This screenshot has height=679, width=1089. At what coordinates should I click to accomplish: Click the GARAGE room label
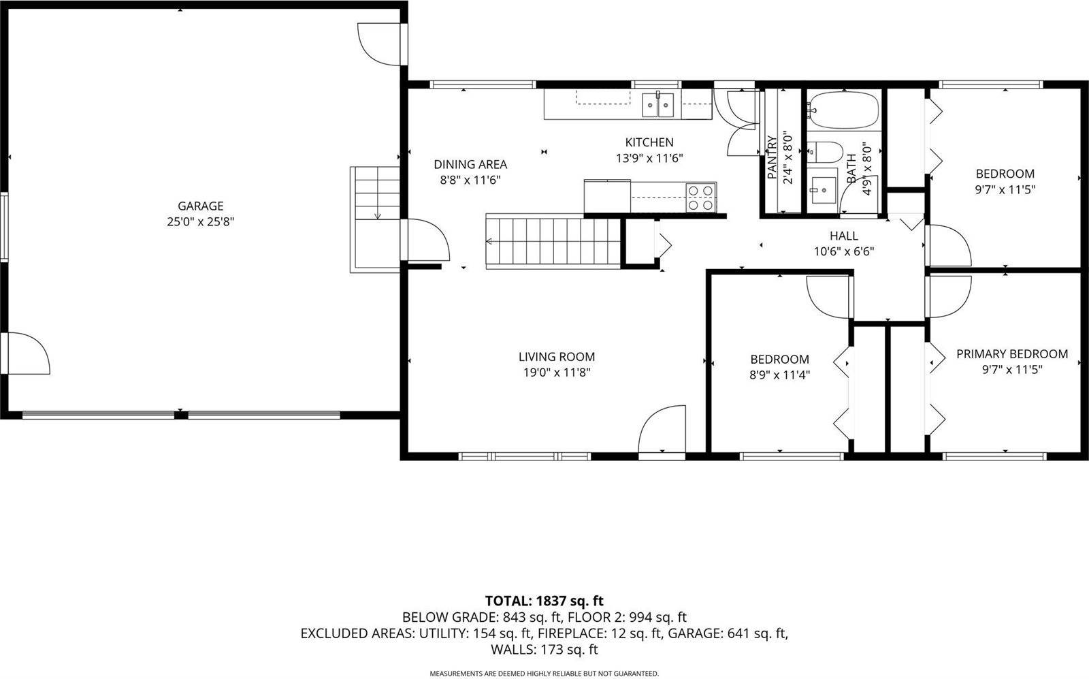click(x=200, y=206)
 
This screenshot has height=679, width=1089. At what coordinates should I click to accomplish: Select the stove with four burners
click(x=700, y=197)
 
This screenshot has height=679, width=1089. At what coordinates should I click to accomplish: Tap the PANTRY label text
click(x=773, y=158)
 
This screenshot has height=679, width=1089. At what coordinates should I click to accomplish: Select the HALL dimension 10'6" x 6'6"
click(x=843, y=251)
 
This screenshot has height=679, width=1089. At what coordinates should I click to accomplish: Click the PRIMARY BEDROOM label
click(x=1011, y=354)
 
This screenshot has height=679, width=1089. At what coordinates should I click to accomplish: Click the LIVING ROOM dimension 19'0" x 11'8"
click(x=556, y=373)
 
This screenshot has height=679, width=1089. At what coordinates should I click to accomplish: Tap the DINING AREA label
click(x=470, y=164)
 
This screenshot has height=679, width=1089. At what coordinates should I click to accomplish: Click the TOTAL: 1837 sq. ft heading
click(x=544, y=601)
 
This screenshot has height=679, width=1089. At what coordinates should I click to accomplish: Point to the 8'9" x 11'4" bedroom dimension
click(x=779, y=375)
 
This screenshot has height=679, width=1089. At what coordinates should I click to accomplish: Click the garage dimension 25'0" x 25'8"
click(x=200, y=221)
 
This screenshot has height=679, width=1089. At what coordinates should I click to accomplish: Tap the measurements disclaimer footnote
click(x=544, y=674)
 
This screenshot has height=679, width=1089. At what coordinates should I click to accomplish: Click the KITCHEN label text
click(x=649, y=142)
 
